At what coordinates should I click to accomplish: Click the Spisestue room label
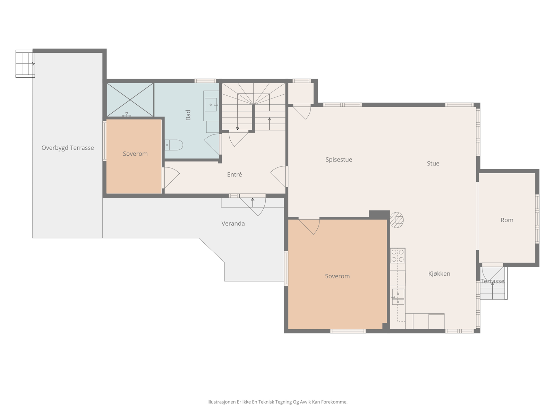pos(339,159)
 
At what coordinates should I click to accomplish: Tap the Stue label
pos(433,163)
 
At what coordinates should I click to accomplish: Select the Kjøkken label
pos(439,274)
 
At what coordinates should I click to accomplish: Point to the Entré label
pos(234,174)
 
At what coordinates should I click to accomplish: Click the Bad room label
pos(188,115)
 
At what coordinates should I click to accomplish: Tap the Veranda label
pos(233,224)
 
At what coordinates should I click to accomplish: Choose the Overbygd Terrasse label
pos(68,148)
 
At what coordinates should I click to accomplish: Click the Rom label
pos(507,220)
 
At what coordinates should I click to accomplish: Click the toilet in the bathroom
pos(174,145)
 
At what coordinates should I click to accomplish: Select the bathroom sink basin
pos(211,105)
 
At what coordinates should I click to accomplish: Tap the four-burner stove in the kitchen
pos(398,255)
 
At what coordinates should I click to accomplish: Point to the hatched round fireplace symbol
pos(396,220)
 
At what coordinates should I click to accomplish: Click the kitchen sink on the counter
pos(398,297)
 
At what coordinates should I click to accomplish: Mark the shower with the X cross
pos(130,100)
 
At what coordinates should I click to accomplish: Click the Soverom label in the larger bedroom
pos(337,276)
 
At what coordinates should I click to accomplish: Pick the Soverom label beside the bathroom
pos(135,154)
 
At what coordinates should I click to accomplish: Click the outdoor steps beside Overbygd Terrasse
pos(25,64)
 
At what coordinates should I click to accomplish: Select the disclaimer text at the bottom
pos(277,402)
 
